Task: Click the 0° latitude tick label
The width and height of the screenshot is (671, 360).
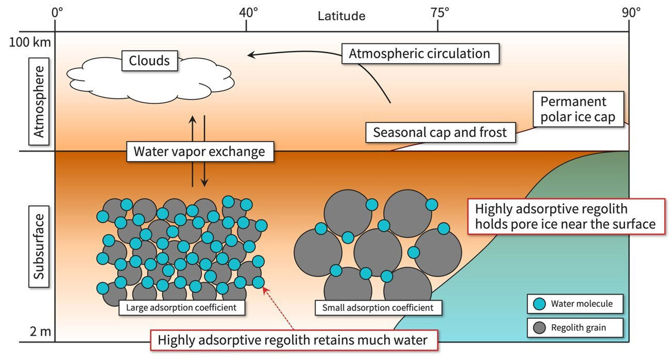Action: click(57, 13)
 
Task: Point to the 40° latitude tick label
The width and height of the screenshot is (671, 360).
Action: click(248, 13)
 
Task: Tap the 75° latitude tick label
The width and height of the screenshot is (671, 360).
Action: click(440, 13)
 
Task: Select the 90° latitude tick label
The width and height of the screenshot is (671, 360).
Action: click(631, 13)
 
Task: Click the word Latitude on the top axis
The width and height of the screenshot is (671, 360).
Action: click(342, 16)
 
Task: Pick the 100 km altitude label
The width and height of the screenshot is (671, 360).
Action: click(30, 42)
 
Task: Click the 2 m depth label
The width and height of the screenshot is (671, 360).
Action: click(40, 331)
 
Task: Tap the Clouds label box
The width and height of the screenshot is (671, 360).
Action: click(149, 61)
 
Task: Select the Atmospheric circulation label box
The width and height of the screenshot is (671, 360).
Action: click(420, 54)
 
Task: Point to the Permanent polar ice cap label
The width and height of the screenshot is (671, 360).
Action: click(578, 110)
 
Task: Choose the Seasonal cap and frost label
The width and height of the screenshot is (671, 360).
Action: click(441, 132)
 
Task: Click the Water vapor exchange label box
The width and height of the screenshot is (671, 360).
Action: click(200, 151)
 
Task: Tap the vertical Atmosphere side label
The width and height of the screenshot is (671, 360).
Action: click(39, 102)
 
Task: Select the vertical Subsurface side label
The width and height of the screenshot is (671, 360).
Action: click(39, 247)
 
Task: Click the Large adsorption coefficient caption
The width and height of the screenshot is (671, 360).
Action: click(182, 307)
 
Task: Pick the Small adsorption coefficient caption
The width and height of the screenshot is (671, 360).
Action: click(378, 307)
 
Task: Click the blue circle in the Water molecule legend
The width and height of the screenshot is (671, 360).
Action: click(540, 304)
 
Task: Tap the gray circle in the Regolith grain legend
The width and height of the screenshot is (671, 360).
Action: click(540, 328)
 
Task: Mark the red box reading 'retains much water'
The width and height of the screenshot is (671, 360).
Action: click(294, 340)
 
